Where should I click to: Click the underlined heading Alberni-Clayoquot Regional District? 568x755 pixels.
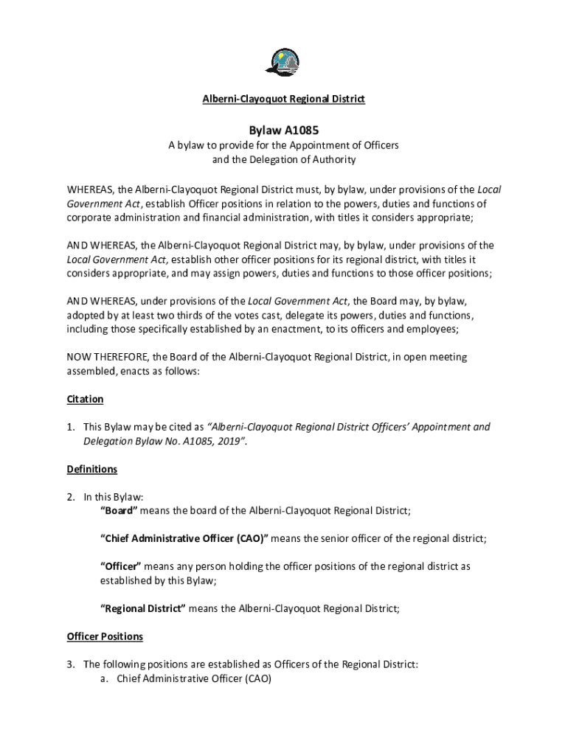[284, 99]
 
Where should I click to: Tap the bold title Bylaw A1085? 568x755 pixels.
[284, 130]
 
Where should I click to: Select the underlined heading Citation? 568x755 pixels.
[85, 399]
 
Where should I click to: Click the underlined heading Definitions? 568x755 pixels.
[91, 469]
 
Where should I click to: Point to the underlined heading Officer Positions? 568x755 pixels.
[105, 636]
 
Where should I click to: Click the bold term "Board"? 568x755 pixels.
[119, 511]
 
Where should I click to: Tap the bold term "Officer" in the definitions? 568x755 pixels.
[121, 566]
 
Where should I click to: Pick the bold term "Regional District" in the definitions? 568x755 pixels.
[142, 608]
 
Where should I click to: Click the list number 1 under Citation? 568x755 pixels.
[71, 427]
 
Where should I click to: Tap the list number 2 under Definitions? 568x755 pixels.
[71, 497]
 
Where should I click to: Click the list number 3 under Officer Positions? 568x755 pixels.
[71, 664]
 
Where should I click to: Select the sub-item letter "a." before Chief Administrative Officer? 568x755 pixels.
[105, 678]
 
